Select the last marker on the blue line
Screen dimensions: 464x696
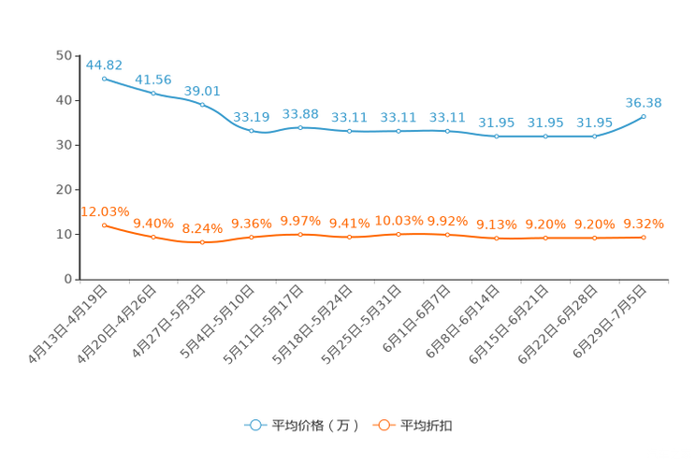[644, 116]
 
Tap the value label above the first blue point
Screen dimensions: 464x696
[104, 65]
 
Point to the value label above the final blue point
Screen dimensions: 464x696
[644, 101]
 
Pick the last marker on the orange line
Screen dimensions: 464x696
[644, 238]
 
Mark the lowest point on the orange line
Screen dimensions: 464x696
[202, 242]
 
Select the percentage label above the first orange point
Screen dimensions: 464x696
[105, 210]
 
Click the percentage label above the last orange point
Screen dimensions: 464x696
[644, 224]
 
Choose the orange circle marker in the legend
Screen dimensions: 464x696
[384, 425]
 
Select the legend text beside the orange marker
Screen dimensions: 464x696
[427, 426]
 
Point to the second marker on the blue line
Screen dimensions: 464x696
[153, 93]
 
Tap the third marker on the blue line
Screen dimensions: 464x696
[202, 104]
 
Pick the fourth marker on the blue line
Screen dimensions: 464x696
[252, 131]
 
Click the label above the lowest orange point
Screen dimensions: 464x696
[202, 227]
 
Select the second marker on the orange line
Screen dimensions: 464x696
[153, 237]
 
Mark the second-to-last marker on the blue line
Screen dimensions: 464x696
[594, 137]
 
